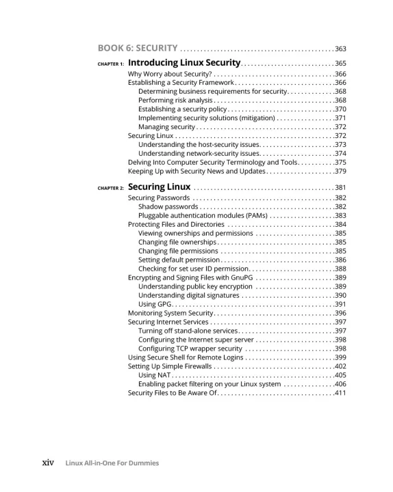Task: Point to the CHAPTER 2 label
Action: tap(110, 188)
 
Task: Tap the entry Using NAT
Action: tap(155, 375)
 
